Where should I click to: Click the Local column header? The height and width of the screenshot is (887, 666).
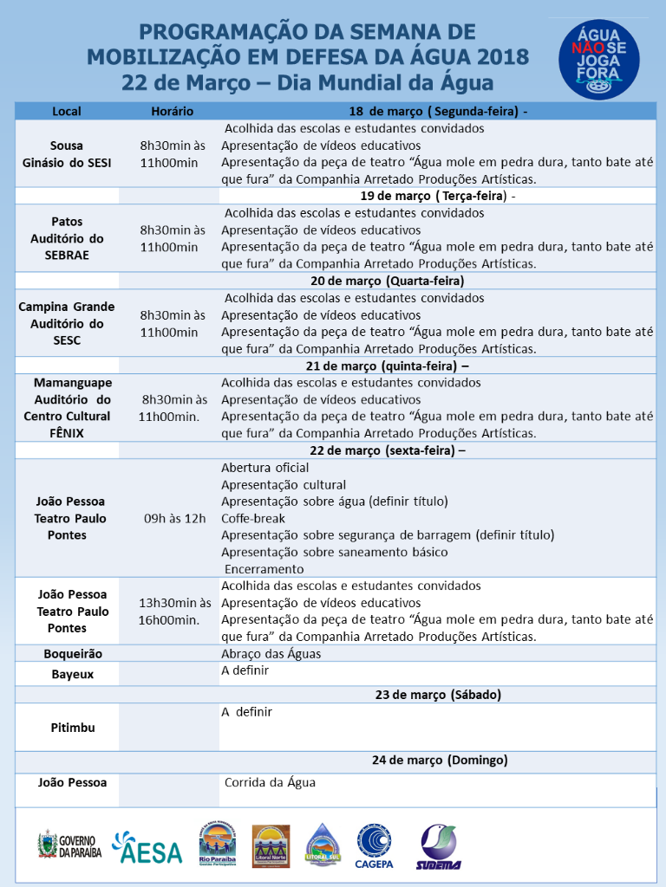click(67, 112)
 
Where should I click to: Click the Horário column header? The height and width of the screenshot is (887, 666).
click(172, 112)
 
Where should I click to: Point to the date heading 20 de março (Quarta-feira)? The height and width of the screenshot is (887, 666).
click(388, 281)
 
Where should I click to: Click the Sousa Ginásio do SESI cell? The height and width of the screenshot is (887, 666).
click(67, 154)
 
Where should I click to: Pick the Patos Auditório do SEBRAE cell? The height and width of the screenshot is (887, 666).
click(67, 238)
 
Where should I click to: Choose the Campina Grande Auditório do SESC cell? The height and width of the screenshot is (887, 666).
click(67, 323)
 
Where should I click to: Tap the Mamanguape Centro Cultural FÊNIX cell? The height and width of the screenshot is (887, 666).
click(67, 407)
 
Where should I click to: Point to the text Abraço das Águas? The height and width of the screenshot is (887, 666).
click(271, 653)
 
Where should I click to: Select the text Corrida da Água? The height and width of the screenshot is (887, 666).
click(270, 782)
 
